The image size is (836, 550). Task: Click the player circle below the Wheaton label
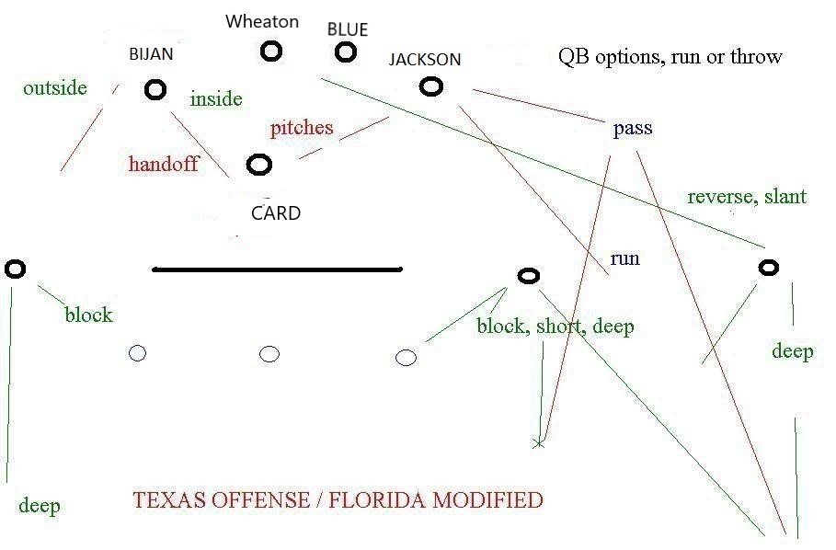click(x=270, y=51)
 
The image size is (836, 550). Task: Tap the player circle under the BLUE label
click(x=345, y=52)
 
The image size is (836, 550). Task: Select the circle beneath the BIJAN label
click(x=155, y=88)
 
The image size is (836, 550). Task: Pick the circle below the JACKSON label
click(x=430, y=86)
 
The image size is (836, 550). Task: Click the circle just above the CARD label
click(x=260, y=165)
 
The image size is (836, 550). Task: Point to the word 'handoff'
click(x=164, y=166)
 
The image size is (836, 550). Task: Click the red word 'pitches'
click(x=302, y=128)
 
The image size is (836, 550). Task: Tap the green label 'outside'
click(x=55, y=88)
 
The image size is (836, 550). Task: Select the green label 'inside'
click(x=216, y=98)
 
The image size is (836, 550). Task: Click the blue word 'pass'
click(x=633, y=129)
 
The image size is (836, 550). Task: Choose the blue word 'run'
click(x=624, y=259)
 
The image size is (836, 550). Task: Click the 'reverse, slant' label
click(x=747, y=197)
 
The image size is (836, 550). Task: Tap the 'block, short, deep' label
click(x=555, y=327)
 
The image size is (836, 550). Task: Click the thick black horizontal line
click(x=277, y=269)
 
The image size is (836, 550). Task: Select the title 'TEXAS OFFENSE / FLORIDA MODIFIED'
click(x=338, y=501)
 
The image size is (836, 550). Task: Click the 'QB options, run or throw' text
click(x=670, y=57)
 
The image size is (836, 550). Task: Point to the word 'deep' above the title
click(x=39, y=506)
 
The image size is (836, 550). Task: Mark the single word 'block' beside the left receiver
click(x=88, y=315)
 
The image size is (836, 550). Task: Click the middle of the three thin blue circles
click(x=269, y=353)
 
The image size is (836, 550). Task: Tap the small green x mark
click(x=539, y=443)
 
